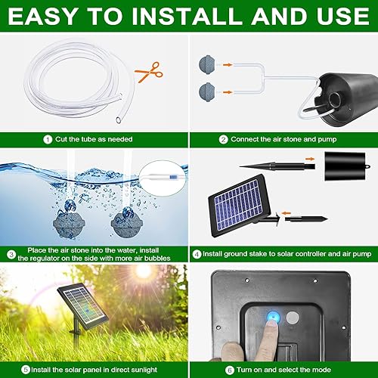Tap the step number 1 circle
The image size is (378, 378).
tap(47, 139)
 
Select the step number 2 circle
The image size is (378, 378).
tap(223, 139)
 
